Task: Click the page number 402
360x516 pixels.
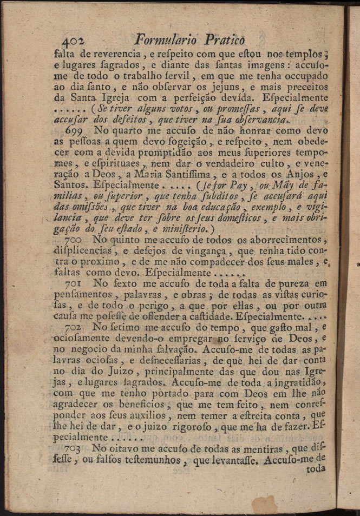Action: (x=73, y=41)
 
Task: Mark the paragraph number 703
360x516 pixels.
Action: (x=74, y=448)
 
